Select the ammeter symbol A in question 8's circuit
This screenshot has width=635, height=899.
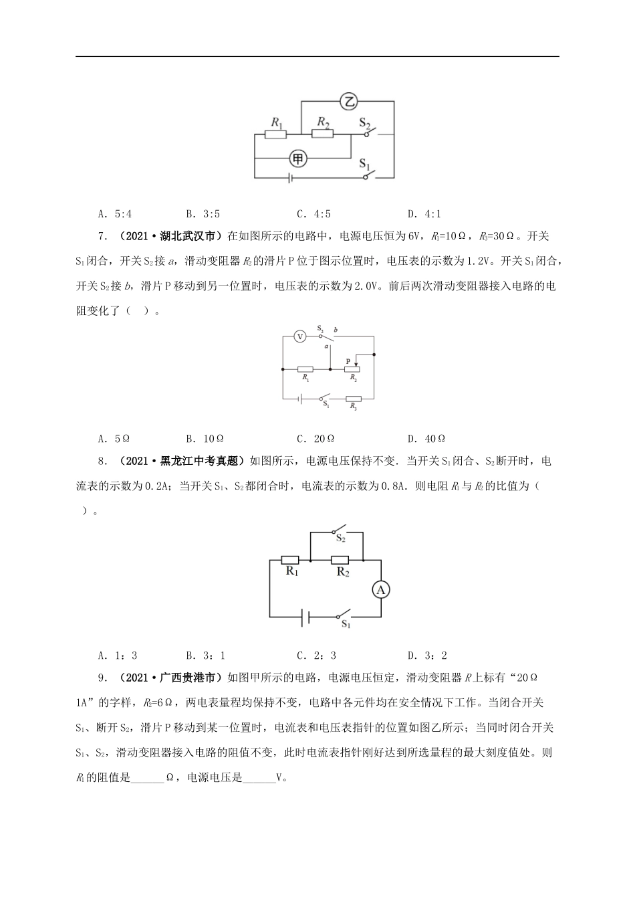point(381,589)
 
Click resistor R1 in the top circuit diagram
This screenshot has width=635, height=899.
point(275,134)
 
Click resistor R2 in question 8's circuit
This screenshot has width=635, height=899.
point(340,560)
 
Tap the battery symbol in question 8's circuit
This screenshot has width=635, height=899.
point(304,617)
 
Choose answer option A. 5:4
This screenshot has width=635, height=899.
point(115,214)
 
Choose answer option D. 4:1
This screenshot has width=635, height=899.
point(424,214)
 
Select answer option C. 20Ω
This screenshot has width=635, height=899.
point(315,439)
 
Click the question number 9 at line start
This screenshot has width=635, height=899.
point(101,678)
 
